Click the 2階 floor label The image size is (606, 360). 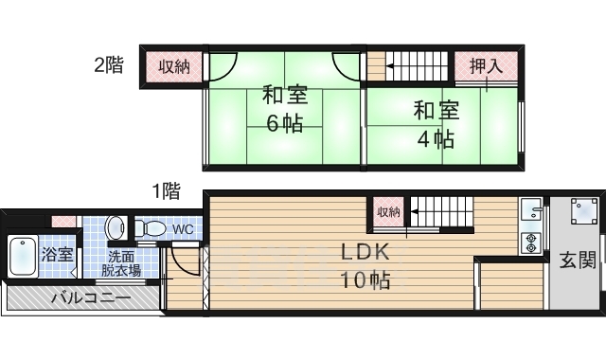109,65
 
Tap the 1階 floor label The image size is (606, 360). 166,190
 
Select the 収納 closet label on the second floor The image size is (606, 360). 173,65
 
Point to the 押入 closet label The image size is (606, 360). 486,65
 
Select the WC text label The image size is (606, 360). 183,229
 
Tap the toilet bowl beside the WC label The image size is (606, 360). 149,228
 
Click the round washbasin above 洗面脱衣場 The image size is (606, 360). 116,227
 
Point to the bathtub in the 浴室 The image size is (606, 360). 23,255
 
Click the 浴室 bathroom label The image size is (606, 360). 57,254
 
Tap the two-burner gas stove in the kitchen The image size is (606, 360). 530,243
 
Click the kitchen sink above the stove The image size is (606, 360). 530,210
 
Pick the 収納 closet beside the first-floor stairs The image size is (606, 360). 388,210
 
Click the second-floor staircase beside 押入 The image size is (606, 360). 417,66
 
